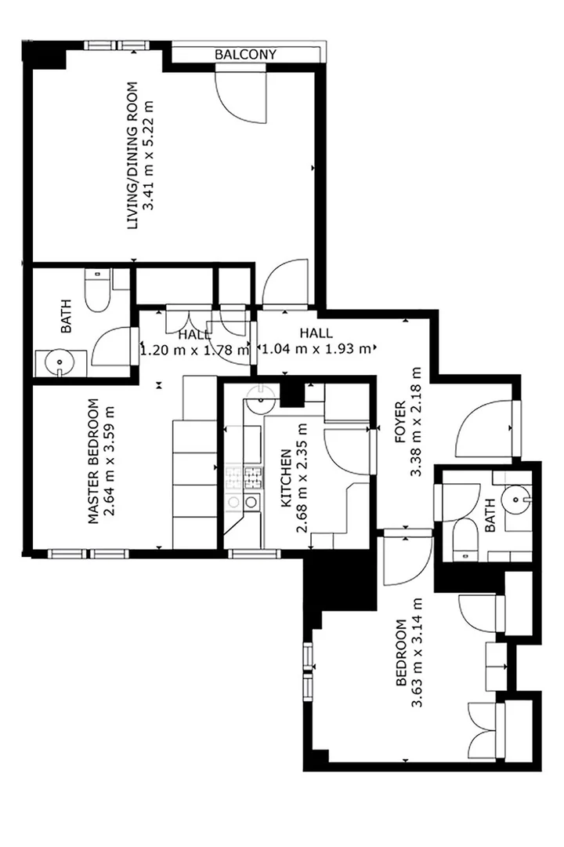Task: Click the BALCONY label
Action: [x=245, y=55]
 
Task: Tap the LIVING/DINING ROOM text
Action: [x=132, y=155]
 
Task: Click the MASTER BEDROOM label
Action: [x=93, y=461]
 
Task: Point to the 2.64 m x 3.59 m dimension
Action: [x=110, y=461]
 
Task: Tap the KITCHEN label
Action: [x=286, y=478]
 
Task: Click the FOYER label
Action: [x=400, y=422]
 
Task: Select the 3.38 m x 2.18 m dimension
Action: [x=416, y=422]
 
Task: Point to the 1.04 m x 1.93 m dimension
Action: [x=316, y=348]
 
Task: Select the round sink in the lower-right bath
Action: [x=515, y=498]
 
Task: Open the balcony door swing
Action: [x=240, y=93]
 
